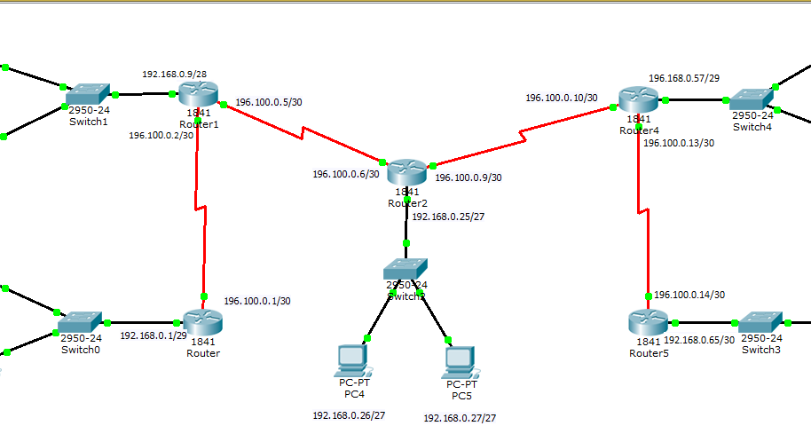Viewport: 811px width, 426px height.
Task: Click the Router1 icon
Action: (197, 94)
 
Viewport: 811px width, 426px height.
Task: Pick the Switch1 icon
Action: (87, 92)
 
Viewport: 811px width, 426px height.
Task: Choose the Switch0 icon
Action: (81, 321)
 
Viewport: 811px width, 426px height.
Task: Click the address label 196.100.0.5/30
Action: (269, 102)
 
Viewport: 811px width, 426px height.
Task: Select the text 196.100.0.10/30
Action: (561, 98)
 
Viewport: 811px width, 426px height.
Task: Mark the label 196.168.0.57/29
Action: (683, 78)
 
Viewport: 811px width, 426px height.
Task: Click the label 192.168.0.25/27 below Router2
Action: (448, 216)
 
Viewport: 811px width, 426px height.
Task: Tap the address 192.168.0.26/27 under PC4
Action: (349, 414)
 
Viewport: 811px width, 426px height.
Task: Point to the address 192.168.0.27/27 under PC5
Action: (460, 417)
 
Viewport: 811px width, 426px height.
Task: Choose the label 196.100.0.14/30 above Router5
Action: (689, 295)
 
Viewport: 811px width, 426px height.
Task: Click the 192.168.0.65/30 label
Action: (698, 340)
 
